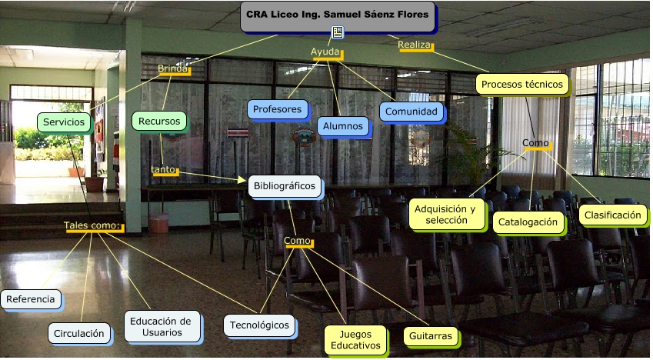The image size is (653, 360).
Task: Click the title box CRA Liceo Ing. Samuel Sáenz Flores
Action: point(338,17)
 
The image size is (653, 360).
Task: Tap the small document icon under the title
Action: point(338,32)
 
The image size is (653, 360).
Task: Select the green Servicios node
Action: point(64,122)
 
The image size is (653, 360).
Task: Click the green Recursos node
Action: point(159,122)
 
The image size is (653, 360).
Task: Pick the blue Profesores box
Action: point(278,109)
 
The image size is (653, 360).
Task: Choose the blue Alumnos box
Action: point(343,126)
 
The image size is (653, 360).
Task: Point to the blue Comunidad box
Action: point(411,112)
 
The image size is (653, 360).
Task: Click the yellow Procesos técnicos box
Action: point(522,84)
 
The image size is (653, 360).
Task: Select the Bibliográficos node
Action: point(285,186)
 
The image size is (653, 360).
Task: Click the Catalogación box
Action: point(528,222)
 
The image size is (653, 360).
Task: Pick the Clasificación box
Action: point(613,215)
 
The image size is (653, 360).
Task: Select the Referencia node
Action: point(31,299)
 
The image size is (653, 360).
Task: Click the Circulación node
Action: point(79,333)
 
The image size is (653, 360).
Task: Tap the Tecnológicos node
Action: point(259,325)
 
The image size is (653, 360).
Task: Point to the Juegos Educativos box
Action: point(355,340)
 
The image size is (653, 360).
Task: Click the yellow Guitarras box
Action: point(431,336)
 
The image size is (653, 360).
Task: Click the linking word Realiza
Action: point(415,45)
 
